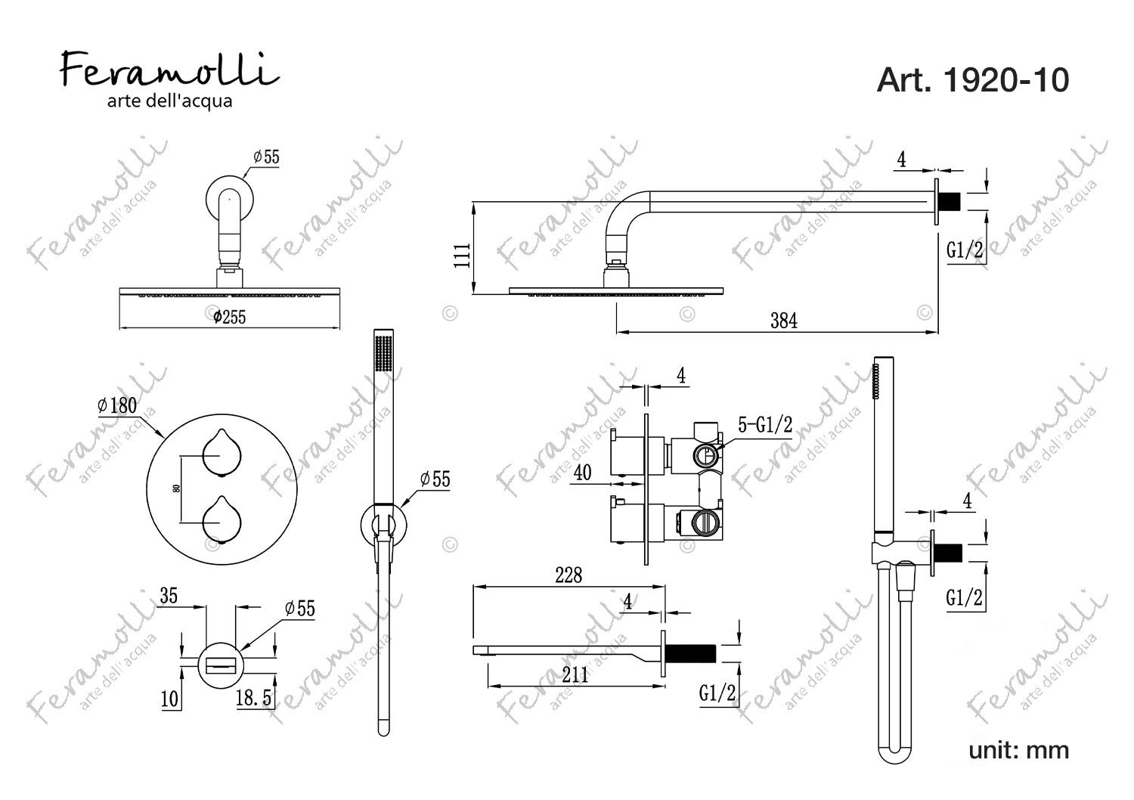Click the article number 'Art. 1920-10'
pyautogui.click(x=972, y=80)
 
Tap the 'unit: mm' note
pyautogui.click(x=1018, y=750)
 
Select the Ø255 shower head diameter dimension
pyautogui.click(x=230, y=317)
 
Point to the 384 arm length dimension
pyautogui.click(x=784, y=321)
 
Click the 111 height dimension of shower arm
pyautogui.click(x=462, y=255)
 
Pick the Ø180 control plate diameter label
pyautogui.click(x=117, y=405)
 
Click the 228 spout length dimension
pyautogui.click(x=569, y=575)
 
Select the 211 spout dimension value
pyautogui.click(x=575, y=675)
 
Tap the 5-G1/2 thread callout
pyautogui.click(x=765, y=424)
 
